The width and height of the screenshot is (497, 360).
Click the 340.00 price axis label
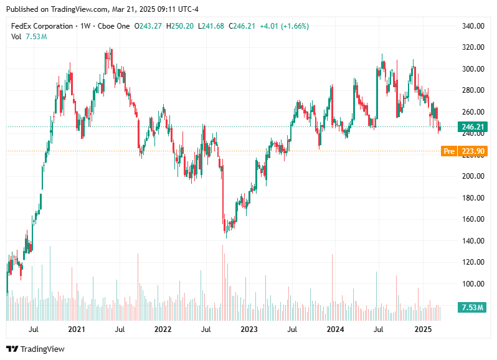[x=473, y=26]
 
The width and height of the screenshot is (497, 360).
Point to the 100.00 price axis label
[x=473, y=284]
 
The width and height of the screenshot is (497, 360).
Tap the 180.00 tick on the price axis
[x=473, y=198]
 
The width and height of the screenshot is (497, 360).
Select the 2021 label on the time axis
[x=77, y=329]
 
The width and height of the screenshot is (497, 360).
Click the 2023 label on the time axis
[x=249, y=329]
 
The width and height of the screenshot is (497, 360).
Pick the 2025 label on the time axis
[x=423, y=329]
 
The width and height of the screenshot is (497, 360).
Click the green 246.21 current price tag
[x=473, y=127]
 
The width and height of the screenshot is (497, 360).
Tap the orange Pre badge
[x=448, y=151]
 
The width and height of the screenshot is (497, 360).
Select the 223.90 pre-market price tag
[x=473, y=151]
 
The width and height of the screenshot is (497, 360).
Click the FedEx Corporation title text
[x=42, y=26]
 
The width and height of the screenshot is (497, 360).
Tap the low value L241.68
[x=212, y=26]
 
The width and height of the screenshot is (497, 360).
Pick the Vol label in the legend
[x=17, y=37]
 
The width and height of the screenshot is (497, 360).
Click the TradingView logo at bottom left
[x=35, y=349]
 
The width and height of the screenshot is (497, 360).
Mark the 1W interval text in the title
[x=85, y=26]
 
